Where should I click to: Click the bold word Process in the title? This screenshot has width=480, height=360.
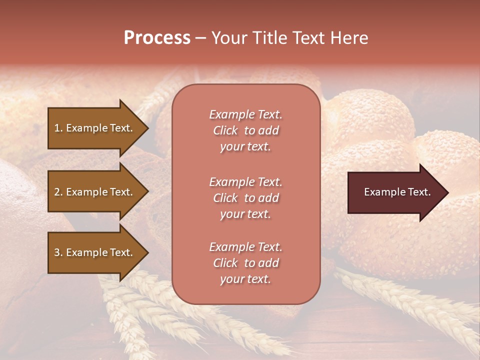pos(157,38)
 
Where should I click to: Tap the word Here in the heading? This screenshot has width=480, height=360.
pos(348,38)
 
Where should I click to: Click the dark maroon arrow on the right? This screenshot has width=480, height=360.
pos(395,192)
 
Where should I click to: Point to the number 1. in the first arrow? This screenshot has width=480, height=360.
pos(58,128)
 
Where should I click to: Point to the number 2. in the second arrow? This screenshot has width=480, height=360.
pos(58,192)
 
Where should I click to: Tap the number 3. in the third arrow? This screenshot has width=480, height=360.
pos(58,252)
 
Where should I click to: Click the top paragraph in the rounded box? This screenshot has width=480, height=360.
pos(245,130)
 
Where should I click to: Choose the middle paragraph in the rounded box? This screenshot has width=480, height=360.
pos(245,198)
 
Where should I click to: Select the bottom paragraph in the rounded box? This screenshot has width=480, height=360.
pos(245,263)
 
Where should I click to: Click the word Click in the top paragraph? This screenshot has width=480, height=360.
pos(225,130)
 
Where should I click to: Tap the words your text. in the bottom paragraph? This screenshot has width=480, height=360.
pos(245,279)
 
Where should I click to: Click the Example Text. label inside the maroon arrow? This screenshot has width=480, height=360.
pos(397,192)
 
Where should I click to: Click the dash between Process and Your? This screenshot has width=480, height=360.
pos(201,38)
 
